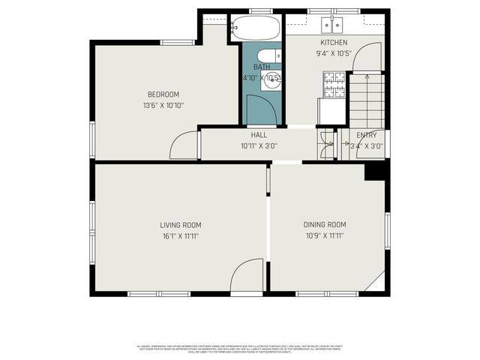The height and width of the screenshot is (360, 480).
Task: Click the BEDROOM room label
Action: (163, 94)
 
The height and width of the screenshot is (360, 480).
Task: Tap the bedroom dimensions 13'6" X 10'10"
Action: (163, 105)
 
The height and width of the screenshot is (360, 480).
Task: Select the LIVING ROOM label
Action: (181, 225)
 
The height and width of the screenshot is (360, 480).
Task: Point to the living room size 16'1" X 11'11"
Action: (181, 236)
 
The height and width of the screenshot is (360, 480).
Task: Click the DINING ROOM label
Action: (325, 225)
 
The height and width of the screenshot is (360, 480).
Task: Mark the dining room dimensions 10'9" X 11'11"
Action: (325, 236)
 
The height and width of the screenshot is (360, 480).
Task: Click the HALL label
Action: (259, 135)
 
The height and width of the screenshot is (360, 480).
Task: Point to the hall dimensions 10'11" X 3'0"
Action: (259, 145)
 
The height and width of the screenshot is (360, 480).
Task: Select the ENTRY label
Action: (367, 135)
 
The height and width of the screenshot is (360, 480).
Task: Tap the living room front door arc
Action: (247, 280)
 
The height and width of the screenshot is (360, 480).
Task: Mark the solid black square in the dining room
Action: (374, 172)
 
